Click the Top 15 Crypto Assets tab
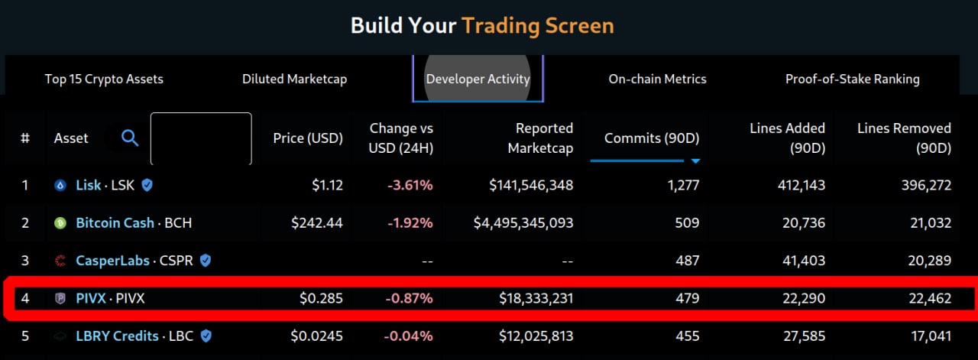tap(104, 79)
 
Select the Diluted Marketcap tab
tap(294, 79)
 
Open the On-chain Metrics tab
tap(657, 79)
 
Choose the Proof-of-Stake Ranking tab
tap(852, 79)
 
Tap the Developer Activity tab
tap(478, 79)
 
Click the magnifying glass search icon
tap(131, 138)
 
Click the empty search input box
tap(201, 138)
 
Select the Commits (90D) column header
tap(651, 138)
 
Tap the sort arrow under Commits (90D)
tap(695, 161)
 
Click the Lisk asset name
tap(89, 185)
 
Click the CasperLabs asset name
tap(115, 261)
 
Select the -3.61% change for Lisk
tap(411, 185)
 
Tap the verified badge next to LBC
tap(206, 336)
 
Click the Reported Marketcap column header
tap(541, 138)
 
